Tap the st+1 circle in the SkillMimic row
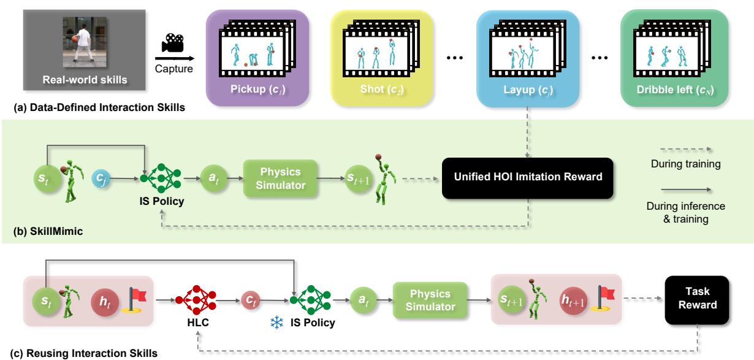(x=356, y=177)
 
